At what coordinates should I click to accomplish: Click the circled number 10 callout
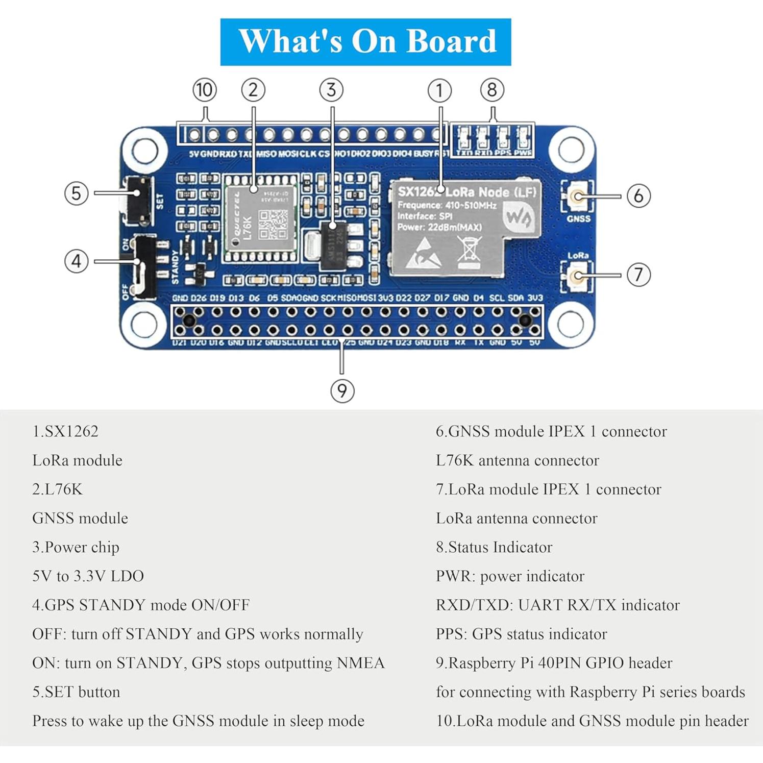205,90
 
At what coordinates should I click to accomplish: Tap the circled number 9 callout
342,391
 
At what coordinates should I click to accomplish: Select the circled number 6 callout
638,196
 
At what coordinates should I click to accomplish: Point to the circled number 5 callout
76,193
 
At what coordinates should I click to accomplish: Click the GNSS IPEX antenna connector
578,196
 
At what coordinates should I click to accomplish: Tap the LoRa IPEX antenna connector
577,276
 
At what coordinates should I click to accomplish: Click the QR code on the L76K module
273,225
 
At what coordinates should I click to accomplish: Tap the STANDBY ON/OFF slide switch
145,265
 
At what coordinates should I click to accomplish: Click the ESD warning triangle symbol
424,253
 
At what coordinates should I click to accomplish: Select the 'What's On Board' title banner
365,42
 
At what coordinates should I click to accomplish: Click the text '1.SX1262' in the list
65,431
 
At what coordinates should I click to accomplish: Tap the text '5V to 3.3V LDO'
88,576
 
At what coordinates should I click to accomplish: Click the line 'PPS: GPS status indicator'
521,634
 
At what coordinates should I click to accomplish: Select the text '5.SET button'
76,692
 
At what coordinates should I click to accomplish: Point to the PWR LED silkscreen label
523,153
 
